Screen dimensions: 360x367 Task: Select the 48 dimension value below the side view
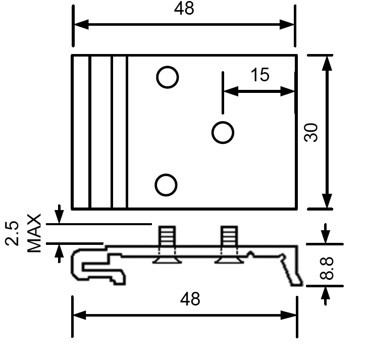(190, 298)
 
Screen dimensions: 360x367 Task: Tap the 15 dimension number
(259, 75)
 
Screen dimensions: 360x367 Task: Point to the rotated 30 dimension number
(312, 132)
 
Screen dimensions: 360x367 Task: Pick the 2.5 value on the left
(14, 233)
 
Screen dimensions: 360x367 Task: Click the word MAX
(33, 233)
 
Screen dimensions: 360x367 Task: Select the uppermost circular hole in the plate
(167, 78)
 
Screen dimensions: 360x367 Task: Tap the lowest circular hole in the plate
(166, 185)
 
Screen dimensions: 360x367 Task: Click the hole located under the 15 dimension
(223, 133)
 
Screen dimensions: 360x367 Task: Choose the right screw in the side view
(228, 245)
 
